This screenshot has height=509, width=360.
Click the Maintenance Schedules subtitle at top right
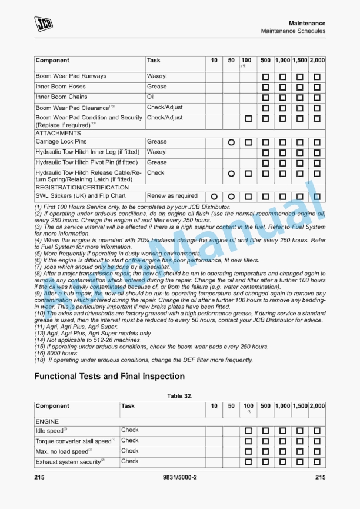pyautogui.click(x=293, y=31)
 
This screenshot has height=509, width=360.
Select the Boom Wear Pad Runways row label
pyautogui.click(x=71, y=76)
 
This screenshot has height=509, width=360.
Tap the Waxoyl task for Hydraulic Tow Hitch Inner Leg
pyautogui.click(x=157, y=152)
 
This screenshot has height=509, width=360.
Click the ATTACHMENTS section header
pyautogui.click(x=58, y=133)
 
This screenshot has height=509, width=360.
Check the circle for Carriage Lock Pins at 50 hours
pyautogui.click(x=231, y=142)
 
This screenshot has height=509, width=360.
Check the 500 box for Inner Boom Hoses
pyautogui.click(x=265, y=87)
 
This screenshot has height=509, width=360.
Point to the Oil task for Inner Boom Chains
pyautogui.click(x=151, y=97)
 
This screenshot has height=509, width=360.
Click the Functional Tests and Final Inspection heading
pyautogui.click(x=109, y=377)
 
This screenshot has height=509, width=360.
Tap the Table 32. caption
pyautogui.click(x=179, y=396)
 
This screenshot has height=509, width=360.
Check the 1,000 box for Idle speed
pyautogui.click(x=282, y=431)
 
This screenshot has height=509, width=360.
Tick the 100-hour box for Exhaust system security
pyautogui.click(x=248, y=462)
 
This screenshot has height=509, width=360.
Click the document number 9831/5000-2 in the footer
pyautogui.click(x=179, y=477)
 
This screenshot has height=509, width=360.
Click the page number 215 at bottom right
pyautogui.click(x=320, y=477)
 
